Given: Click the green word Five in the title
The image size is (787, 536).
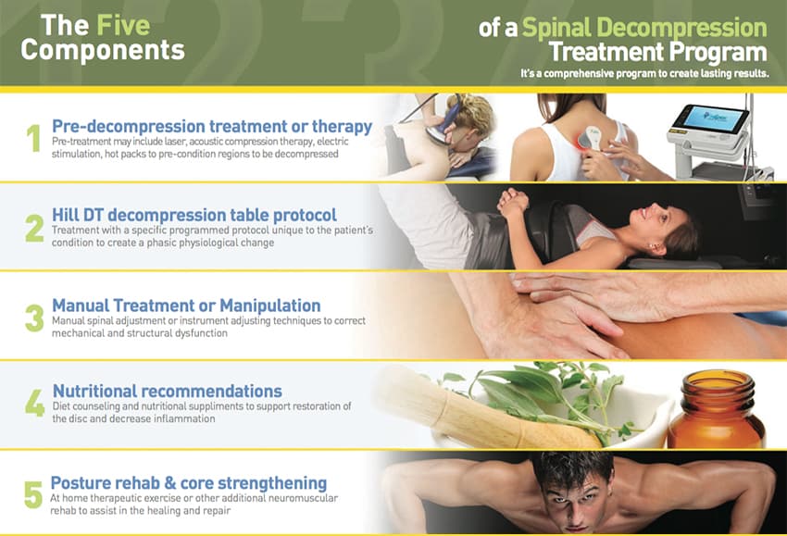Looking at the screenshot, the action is pyautogui.click(x=123, y=25).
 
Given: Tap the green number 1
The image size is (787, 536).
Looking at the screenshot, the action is pyautogui.click(x=33, y=138).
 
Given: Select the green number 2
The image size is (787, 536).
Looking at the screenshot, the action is pyautogui.click(x=34, y=229).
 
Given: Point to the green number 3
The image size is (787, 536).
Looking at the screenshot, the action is pyautogui.click(x=34, y=318).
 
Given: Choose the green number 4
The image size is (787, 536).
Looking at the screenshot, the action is pyautogui.click(x=34, y=404).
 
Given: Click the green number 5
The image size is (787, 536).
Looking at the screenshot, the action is pyautogui.click(x=33, y=494).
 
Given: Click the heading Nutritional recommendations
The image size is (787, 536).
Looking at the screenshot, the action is pyautogui.click(x=168, y=391).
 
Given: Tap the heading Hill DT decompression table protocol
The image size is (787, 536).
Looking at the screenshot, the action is pyautogui.click(x=194, y=216).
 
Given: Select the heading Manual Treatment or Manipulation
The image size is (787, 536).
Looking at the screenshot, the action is pyautogui.click(x=186, y=305).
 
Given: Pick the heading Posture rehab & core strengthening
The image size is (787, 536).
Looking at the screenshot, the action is pyautogui.click(x=189, y=483).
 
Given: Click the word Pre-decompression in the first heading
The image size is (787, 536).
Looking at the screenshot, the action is pyautogui.click(x=129, y=127).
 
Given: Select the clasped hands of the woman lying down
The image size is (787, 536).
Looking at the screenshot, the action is pyautogui.click(x=512, y=201).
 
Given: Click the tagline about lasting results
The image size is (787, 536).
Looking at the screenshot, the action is pyautogui.click(x=644, y=74).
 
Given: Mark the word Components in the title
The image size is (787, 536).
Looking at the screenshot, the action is pyautogui.click(x=103, y=50).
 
